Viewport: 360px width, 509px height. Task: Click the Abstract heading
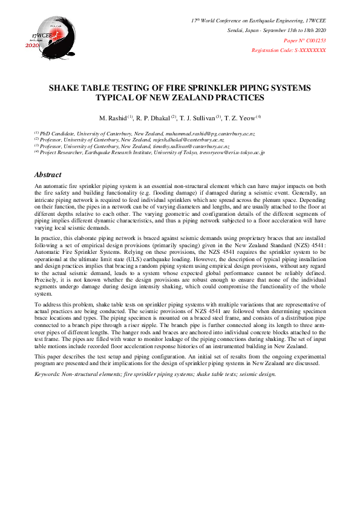click(x=48, y=175)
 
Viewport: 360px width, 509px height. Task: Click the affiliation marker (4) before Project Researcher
click(x=37, y=153)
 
